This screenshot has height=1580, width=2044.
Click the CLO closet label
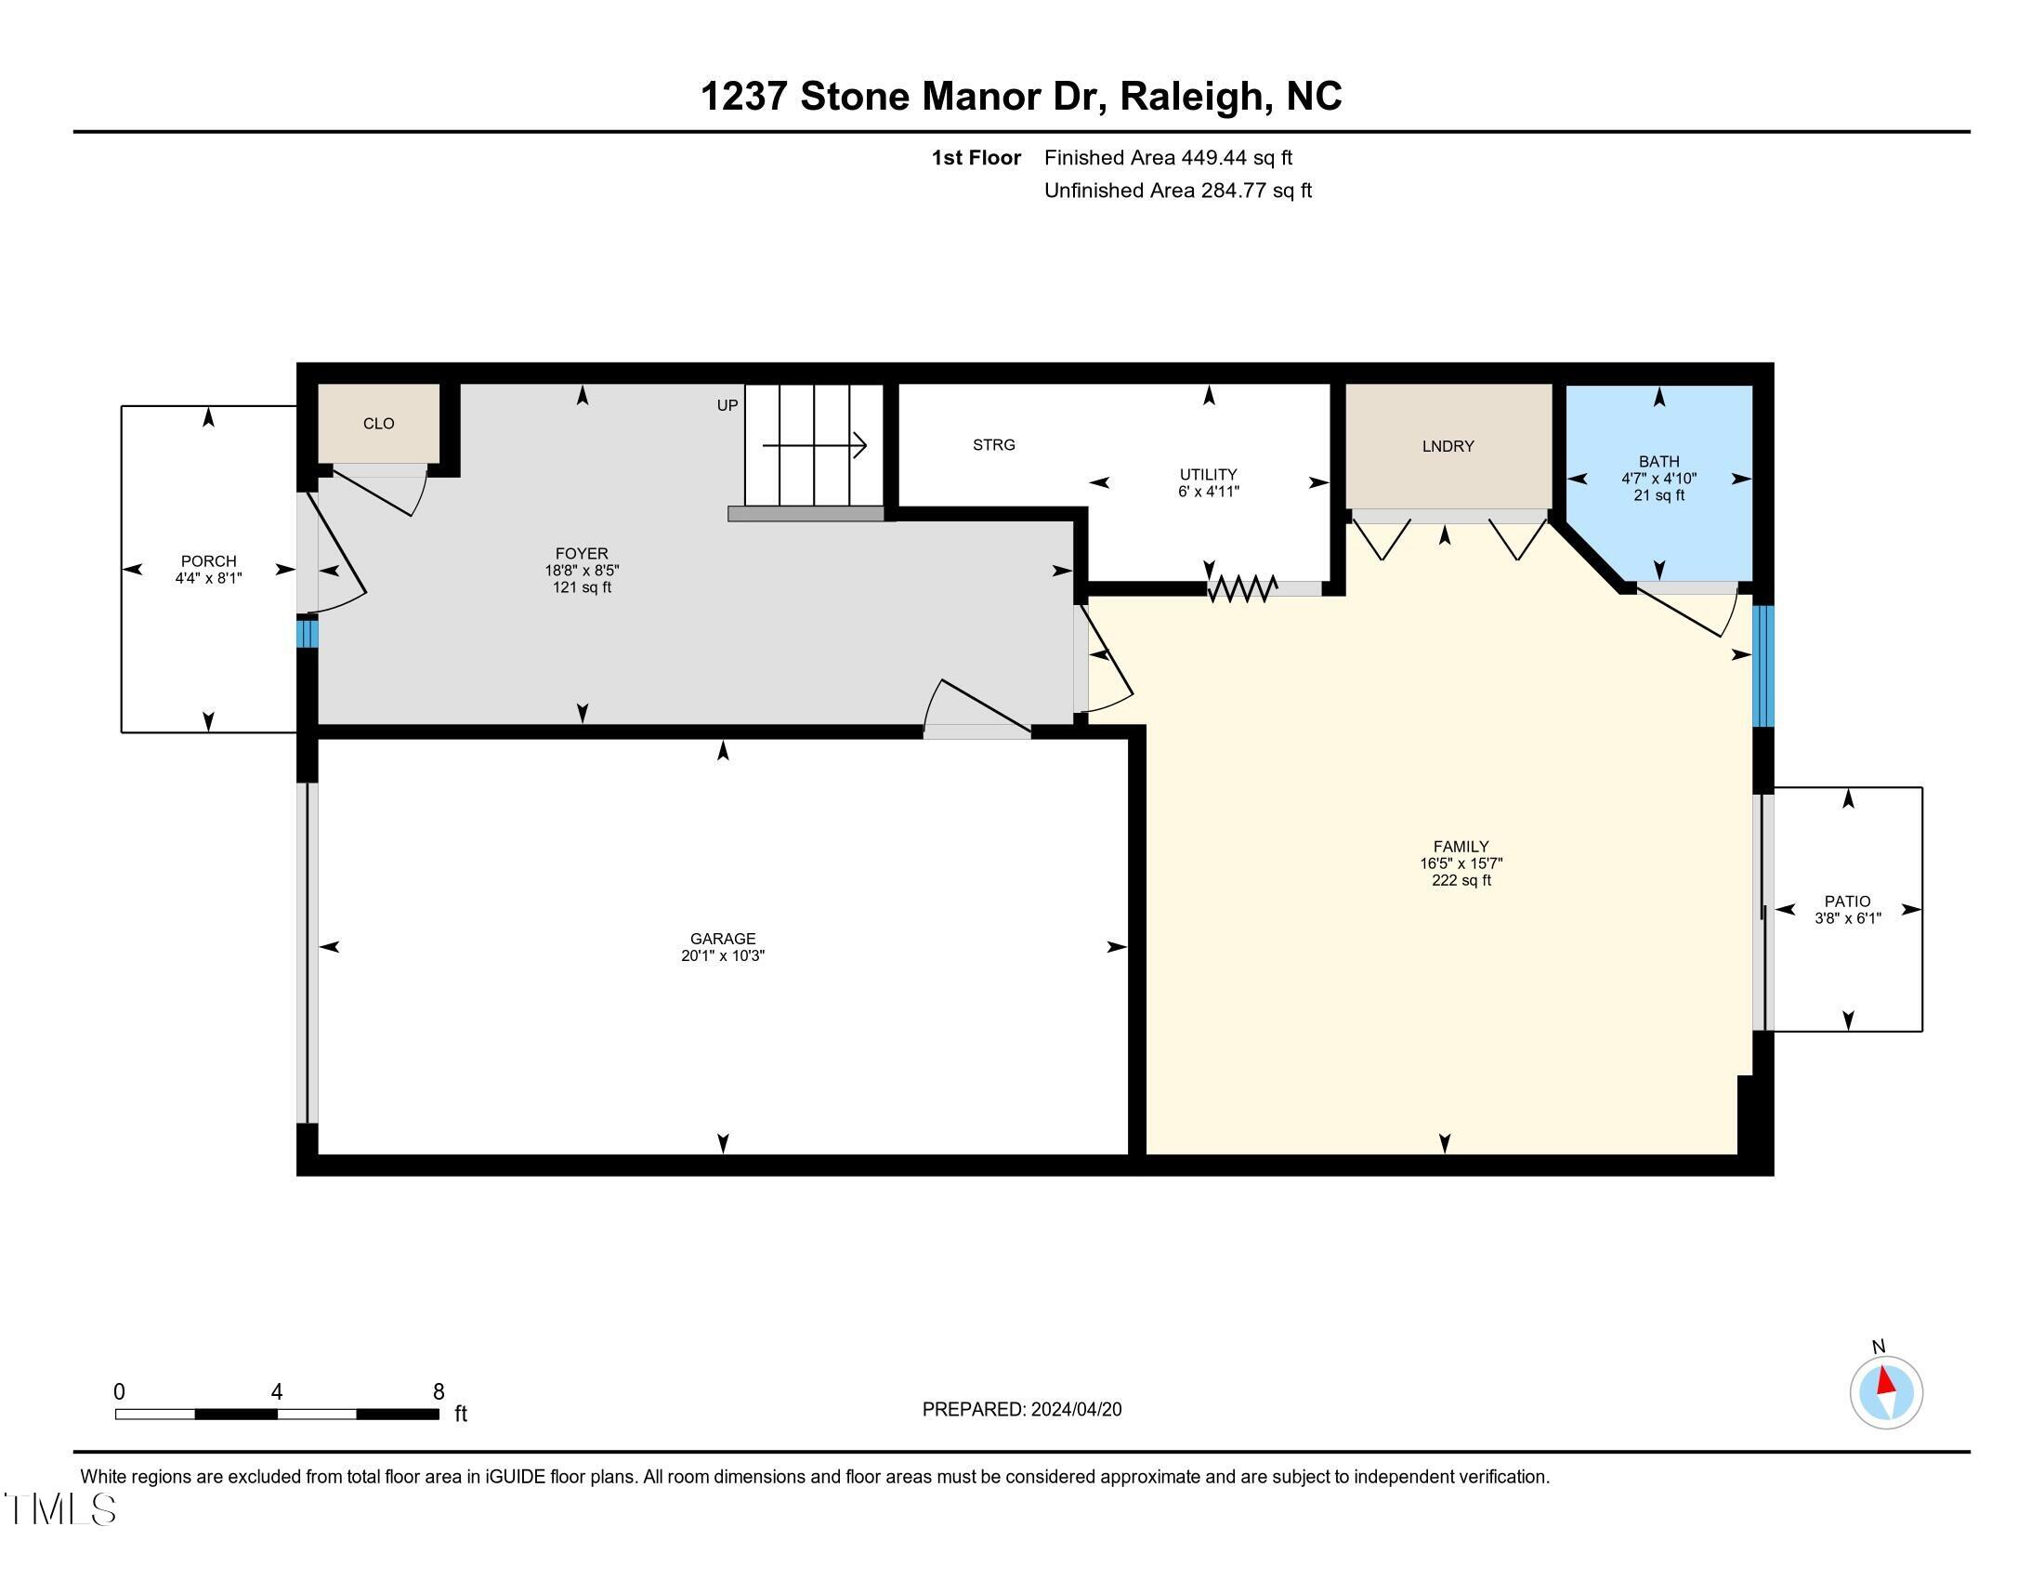(x=379, y=424)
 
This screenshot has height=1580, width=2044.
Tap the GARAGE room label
(x=723, y=939)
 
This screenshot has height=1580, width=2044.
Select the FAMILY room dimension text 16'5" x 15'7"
(x=1461, y=864)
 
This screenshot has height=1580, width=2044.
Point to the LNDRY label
(x=1448, y=446)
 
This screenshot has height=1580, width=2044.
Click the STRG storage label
(x=994, y=444)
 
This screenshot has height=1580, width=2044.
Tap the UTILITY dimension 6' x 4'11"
(x=1208, y=492)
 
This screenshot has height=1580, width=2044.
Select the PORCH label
(x=209, y=561)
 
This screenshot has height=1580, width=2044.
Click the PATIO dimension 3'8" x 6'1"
(x=1847, y=918)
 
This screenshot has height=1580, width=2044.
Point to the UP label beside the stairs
(x=727, y=405)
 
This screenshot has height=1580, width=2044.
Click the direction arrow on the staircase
(x=815, y=445)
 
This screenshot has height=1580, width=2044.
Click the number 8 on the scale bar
(x=439, y=1392)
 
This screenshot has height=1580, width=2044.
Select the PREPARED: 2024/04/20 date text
(x=1022, y=1410)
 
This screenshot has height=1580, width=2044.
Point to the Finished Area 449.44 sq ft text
(x=1168, y=158)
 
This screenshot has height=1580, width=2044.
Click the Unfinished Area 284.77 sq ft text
(x=1177, y=191)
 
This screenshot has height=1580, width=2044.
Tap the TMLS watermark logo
(x=59, y=1508)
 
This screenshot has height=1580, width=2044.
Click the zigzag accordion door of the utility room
(x=1242, y=588)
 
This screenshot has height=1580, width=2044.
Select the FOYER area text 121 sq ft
(x=583, y=587)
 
